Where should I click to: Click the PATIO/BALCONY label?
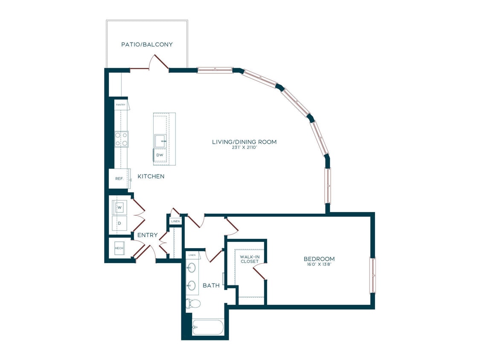pos(147,44)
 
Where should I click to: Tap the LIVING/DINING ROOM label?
pos(244,142)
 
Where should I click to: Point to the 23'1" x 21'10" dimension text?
pos(244,148)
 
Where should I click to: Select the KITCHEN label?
pos(151,176)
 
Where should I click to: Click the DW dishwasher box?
pos(159,155)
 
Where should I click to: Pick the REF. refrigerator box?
pos(119,179)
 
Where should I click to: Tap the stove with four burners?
pos(121,139)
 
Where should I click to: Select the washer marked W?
pos(119,208)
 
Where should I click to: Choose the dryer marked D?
pos(119,223)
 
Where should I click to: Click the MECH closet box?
pos(119,247)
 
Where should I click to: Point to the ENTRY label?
pos(147,235)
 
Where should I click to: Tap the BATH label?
pos(211,285)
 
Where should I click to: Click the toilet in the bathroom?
pos(193,304)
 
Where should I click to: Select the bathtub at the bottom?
pos(207,328)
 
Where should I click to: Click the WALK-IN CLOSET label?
pos(250,259)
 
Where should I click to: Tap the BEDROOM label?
pos(319,259)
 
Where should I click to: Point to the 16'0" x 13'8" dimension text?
pos(319,265)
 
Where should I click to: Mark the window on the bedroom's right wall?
pos(372,275)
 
